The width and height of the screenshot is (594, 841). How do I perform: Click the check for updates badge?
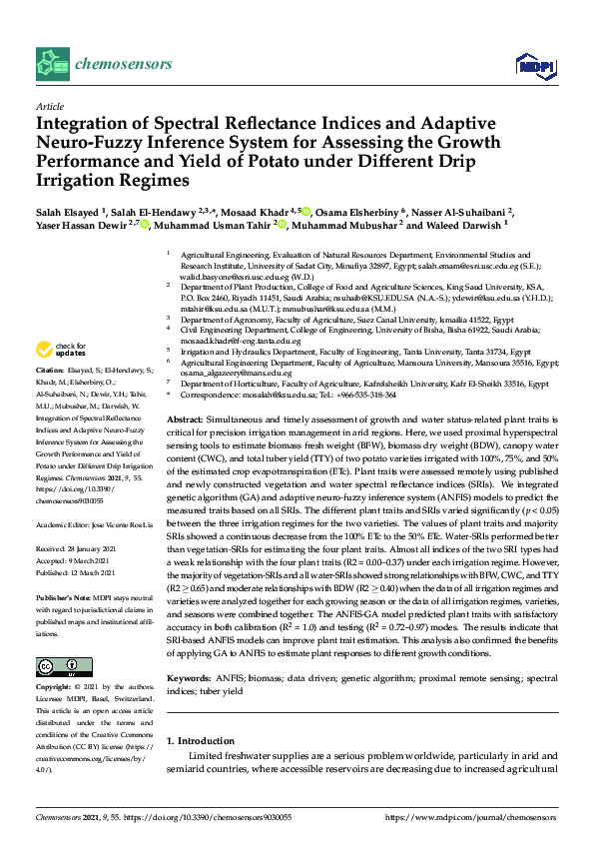[x=60, y=350]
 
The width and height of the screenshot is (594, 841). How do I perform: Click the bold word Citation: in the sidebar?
[x=51, y=368]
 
